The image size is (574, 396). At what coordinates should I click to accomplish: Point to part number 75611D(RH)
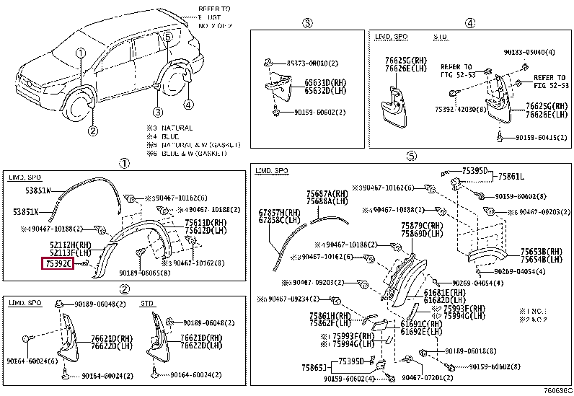[206, 222]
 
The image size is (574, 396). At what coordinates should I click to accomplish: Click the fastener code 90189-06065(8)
[146, 273]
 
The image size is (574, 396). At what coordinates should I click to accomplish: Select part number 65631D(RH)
[323, 83]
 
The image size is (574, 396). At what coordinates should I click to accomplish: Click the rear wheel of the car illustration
[173, 81]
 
